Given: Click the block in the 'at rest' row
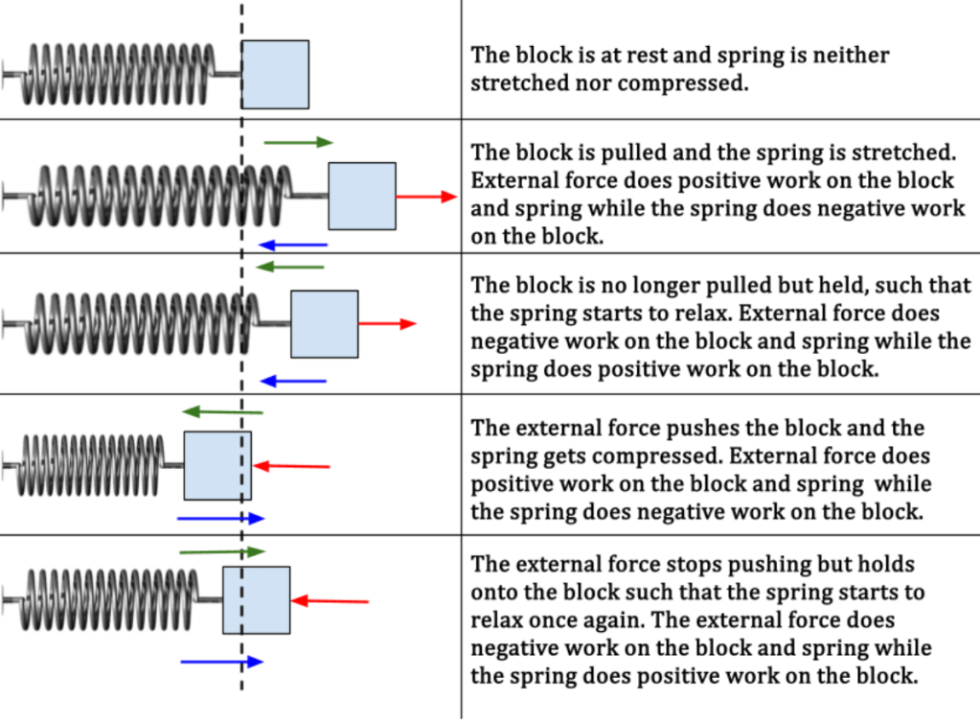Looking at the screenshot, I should [x=275, y=74].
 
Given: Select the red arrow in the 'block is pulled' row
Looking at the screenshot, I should [x=426, y=197].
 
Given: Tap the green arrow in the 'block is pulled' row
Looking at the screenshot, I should [x=298, y=142].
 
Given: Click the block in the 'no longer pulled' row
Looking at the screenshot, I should [x=324, y=324].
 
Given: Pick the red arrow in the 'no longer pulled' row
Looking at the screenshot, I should [x=387, y=324].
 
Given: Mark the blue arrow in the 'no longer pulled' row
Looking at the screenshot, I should [x=294, y=382].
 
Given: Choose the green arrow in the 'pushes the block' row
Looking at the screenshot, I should [x=222, y=411].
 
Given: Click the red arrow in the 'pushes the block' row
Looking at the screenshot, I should [x=291, y=466].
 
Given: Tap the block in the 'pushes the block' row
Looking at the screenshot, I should [x=217, y=465].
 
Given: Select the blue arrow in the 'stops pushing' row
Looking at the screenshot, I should [x=221, y=662].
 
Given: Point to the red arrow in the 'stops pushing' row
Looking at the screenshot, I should [x=330, y=601].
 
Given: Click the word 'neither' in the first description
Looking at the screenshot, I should [x=844, y=55].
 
